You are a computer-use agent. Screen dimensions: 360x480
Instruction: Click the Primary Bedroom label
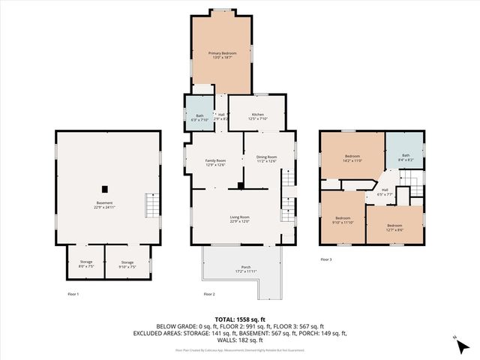(222, 55)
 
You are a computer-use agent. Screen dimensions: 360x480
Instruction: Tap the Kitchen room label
(257, 116)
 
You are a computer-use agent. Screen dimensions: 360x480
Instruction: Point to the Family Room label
(216, 163)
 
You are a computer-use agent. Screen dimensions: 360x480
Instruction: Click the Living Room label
(239, 220)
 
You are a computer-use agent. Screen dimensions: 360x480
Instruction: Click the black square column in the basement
(106, 188)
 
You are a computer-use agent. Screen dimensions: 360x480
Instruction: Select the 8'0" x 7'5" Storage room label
(86, 264)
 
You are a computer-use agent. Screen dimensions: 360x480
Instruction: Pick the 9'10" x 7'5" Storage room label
(127, 264)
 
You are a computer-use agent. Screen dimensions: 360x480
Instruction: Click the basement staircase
(152, 204)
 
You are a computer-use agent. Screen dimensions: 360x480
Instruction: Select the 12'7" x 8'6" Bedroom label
(394, 227)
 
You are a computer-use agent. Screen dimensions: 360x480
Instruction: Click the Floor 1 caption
(73, 294)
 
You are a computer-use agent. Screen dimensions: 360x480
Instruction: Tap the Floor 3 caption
(325, 259)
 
